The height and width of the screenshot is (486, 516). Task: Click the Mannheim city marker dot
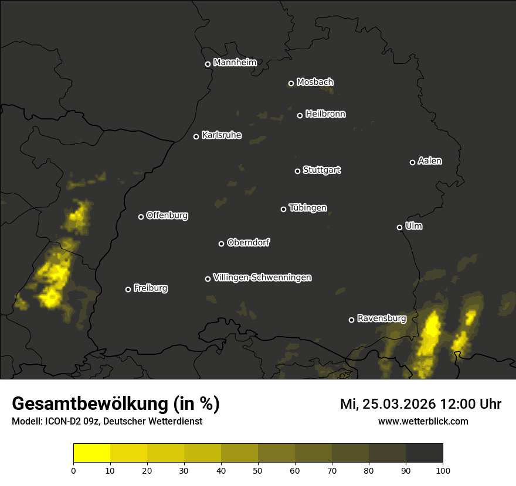pyautogui.click(x=208, y=64)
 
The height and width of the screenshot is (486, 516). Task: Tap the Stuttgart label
pyautogui.click(x=322, y=170)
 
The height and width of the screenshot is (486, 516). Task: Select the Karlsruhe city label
pyautogui.click(x=222, y=136)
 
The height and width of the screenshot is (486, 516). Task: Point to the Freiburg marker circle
pyautogui.click(x=128, y=289)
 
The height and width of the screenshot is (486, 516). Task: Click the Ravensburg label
pyautogui.click(x=382, y=319)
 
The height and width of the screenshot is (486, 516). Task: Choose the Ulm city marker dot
pyautogui.click(x=399, y=227)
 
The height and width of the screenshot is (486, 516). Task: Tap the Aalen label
pyautogui.click(x=430, y=161)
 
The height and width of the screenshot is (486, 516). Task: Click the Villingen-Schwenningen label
pyautogui.click(x=263, y=278)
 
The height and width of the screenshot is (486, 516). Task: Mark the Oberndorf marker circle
pyautogui.click(x=221, y=244)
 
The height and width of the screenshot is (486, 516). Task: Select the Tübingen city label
pyautogui.click(x=308, y=208)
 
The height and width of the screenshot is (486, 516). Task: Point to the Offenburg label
pyautogui.click(x=167, y=215)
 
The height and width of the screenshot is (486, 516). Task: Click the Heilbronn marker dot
pyautogui.click(x=300, y=115)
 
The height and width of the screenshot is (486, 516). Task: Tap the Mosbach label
pyautogui.click(x=315, y=83)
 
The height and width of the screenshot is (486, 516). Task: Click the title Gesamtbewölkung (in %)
pyautogui.click(x=116, y=404)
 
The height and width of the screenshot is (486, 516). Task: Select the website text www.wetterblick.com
pyautogui.click(x=423, y=421)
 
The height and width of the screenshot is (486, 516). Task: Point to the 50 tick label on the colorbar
pyautogui.click(x=258, y=470)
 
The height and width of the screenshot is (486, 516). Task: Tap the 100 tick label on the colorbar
pyautogui.click(x=443, y=470)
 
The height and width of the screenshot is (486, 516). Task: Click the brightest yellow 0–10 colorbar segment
pyautogui.click(x=92, y=453)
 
